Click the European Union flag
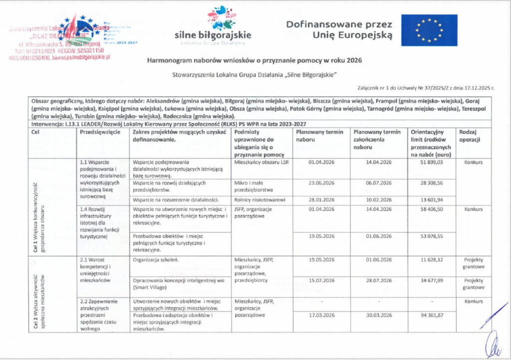click(429, 30)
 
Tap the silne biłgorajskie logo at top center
click(213, 25)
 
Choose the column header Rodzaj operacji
click(470, 136)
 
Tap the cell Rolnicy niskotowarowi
click(259, 200)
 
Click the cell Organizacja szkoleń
click(155, 260)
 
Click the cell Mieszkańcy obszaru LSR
click(261, 162)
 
